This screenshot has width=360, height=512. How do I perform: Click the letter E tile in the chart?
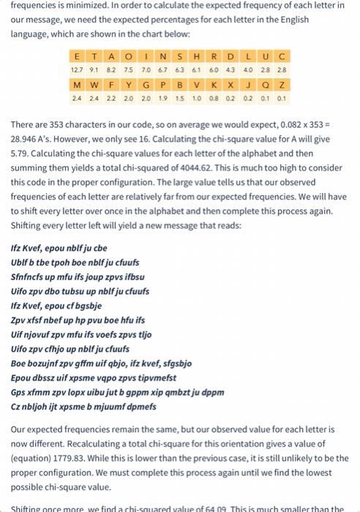coord(78,56)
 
